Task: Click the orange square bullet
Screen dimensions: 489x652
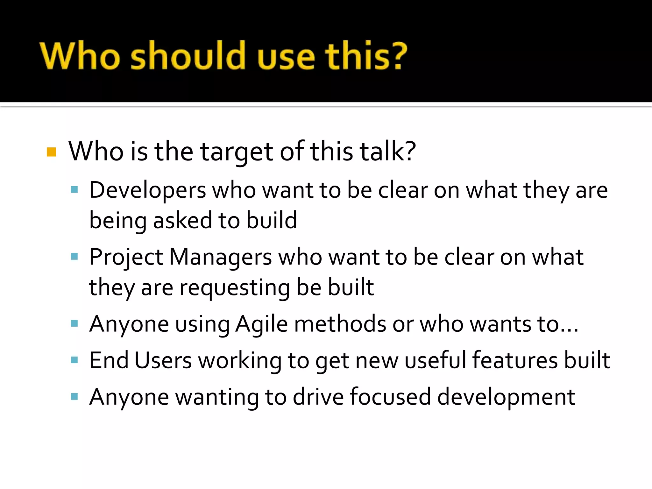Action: (51, 152)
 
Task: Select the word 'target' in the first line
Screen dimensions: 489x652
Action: (236, 152)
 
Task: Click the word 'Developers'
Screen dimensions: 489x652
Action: (147, 190)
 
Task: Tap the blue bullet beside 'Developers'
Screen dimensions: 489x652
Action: (74, 190)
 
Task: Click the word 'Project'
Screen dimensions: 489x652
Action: (126, 257)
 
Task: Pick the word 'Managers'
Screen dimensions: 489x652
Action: (220, 257)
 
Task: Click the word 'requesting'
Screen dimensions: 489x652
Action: (234, 287)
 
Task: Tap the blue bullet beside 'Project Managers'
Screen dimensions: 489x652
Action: (74, 257)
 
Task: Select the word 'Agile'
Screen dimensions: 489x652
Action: (261, 324)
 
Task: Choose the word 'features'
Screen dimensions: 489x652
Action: (515, 360)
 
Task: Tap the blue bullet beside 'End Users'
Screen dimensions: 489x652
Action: (74, 360)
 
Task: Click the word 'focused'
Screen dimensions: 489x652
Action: (390, 397)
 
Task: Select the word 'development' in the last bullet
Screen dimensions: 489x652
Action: (506, 397)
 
